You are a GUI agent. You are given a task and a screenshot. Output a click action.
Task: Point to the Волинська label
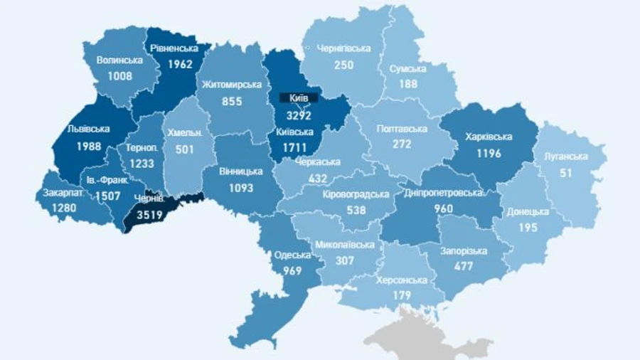[119, 60]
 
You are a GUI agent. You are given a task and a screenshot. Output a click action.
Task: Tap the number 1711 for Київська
[293, 147]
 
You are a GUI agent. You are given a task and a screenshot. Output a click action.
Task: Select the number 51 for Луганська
[567, 172]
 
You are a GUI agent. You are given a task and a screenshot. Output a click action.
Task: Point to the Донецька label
[528, 211]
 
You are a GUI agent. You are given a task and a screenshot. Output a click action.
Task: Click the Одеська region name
[293, 256]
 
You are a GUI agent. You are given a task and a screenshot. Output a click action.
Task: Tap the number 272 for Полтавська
[402, 144]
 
